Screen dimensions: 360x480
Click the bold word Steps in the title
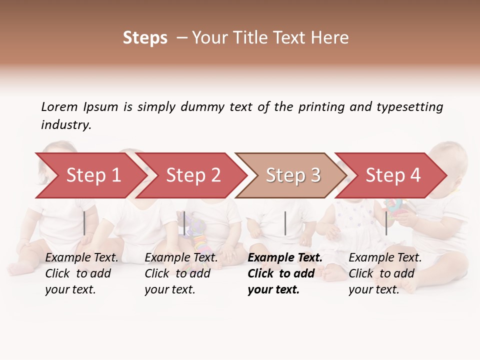click(145, 38)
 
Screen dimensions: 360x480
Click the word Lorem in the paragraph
click(59, 106)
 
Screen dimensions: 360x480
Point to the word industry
click(66, 125)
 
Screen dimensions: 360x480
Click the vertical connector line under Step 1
click(84, 223)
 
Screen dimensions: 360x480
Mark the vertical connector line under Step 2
click(184, 223)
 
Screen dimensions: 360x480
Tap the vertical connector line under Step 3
click(285, 223)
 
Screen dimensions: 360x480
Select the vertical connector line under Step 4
click(386, 223)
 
